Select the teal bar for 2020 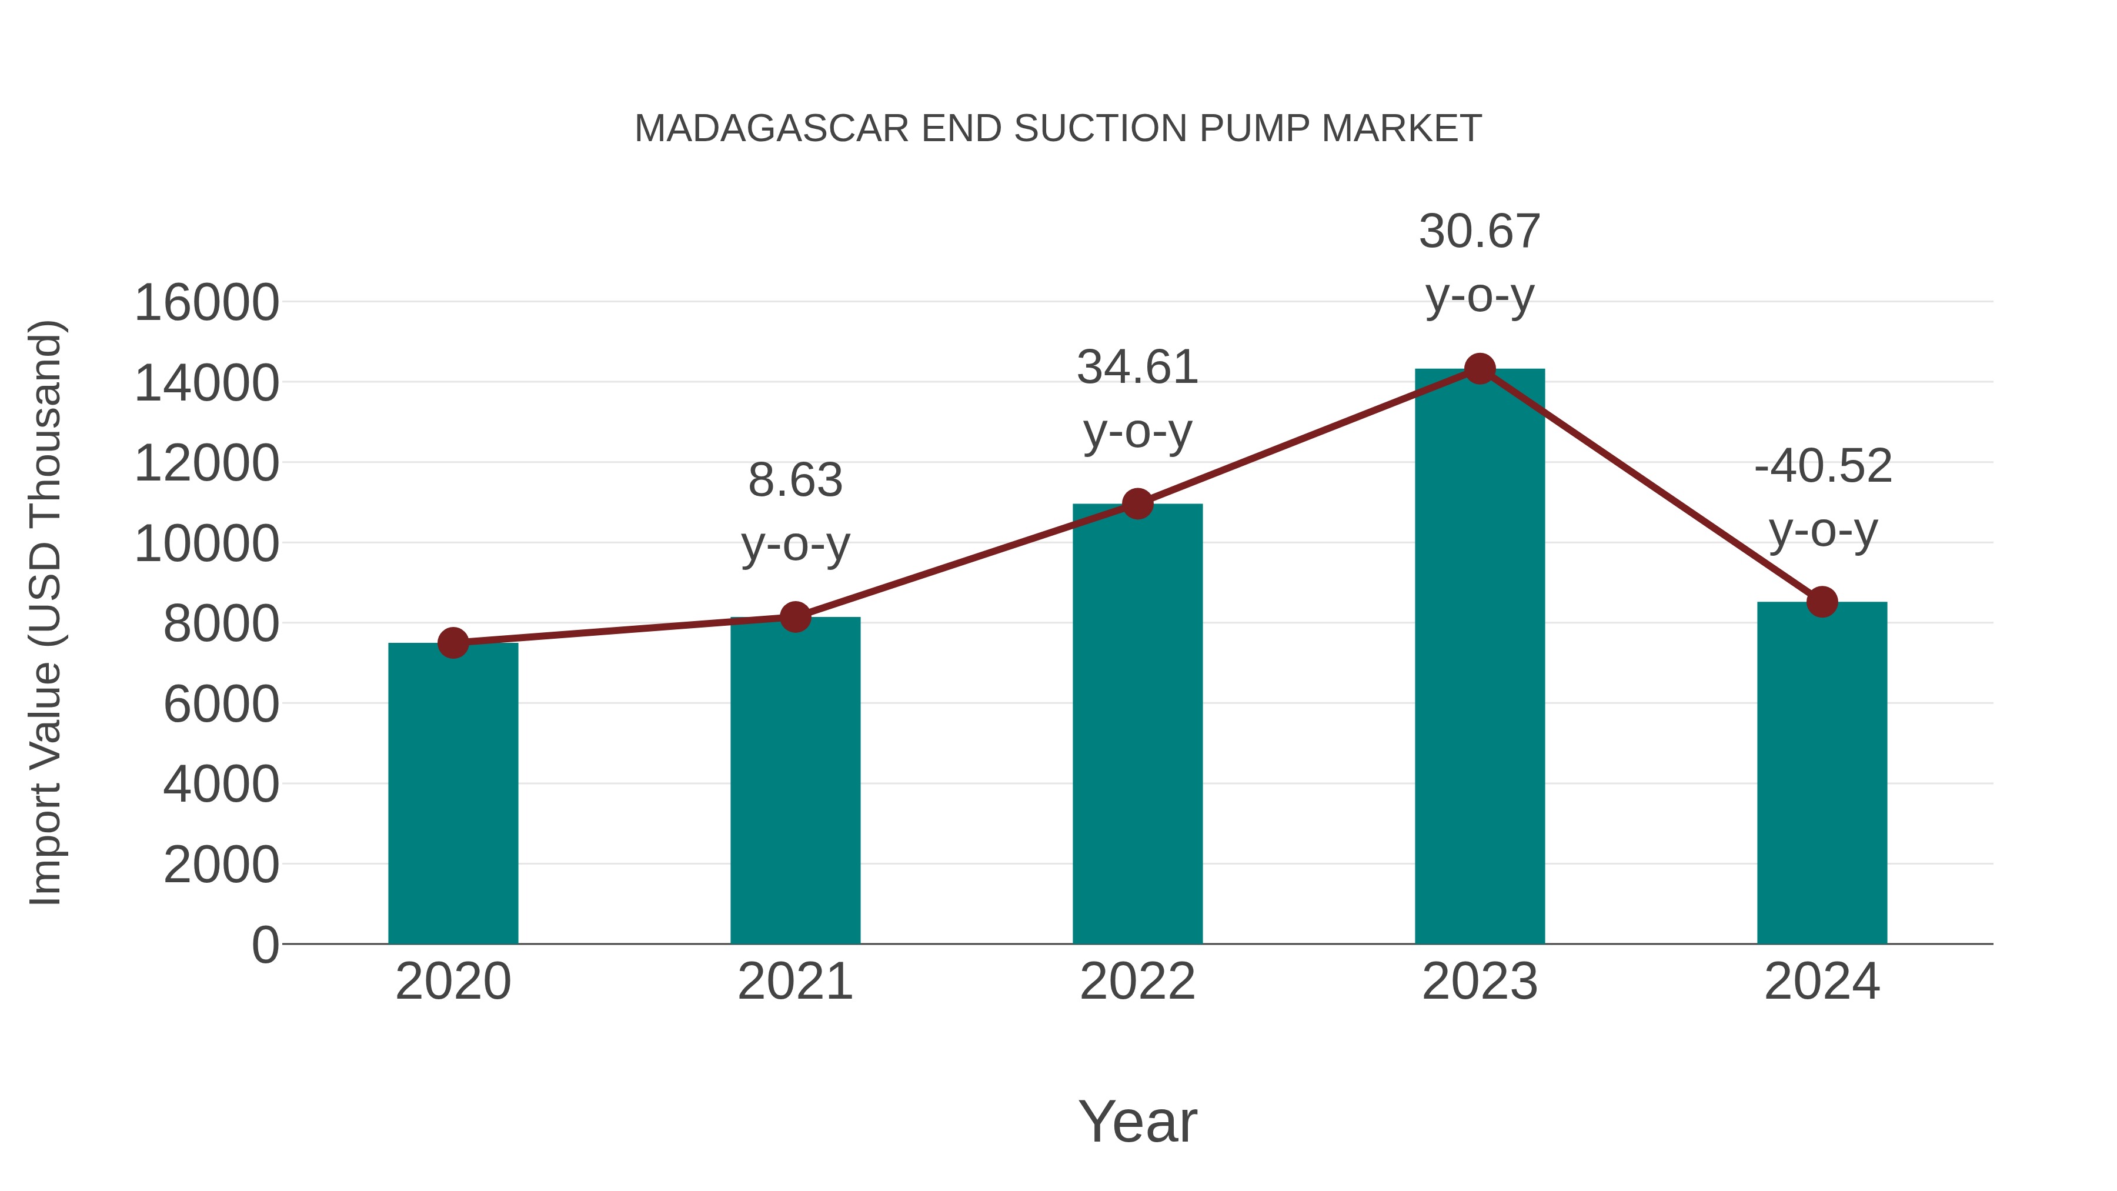(x=453, y=793)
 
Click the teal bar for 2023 (x=1480, y=658)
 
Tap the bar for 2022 (x=1137, y=723)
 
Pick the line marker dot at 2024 (x=1822, y=602)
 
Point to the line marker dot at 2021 (x=794, y=616)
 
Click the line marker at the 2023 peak (x=1480, y=369)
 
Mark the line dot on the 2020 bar (x=453, y=643)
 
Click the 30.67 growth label (x=1480, y=232)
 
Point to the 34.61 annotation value (x=1137, y=368)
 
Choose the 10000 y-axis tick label (x=206, y=543)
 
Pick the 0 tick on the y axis (x=265, y=945)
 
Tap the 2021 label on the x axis (x=794, y=982)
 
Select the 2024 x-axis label (x=1822, y=982)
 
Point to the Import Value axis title (x=46, y=612)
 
